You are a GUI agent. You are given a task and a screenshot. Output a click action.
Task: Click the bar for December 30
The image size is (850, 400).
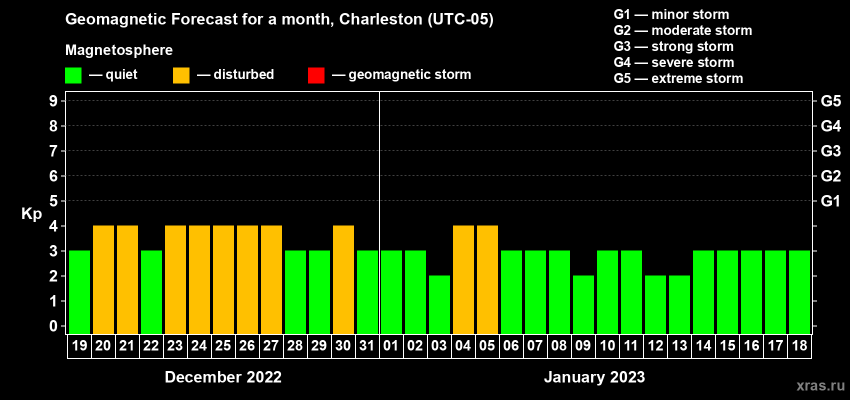343,279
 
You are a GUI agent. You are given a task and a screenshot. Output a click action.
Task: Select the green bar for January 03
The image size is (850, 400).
439,304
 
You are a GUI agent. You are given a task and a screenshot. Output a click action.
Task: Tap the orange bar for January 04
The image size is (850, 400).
463,279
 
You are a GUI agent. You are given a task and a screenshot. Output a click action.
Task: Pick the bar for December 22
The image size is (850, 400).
151,292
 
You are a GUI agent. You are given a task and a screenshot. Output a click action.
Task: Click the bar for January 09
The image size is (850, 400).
583,304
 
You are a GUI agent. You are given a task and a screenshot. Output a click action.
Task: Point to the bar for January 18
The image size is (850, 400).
799,292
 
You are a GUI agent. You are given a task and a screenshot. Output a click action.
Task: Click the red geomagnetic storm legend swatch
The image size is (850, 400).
316,75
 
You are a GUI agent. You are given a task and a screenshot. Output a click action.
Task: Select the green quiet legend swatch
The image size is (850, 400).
73,75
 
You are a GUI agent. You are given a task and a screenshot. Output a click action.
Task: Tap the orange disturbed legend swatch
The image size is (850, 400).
181,75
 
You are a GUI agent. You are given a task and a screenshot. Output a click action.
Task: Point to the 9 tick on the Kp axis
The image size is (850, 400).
53,101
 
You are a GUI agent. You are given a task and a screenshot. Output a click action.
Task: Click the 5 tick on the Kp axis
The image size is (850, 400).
53,201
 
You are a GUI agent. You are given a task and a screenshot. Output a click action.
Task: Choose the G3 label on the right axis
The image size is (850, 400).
830,151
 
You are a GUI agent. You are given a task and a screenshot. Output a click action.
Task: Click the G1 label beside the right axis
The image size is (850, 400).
830,201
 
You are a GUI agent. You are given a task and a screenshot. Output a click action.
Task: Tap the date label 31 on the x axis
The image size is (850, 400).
367,346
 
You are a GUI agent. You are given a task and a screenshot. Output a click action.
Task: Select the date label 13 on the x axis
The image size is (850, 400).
679,346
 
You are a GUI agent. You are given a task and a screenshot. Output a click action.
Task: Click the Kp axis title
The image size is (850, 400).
31,214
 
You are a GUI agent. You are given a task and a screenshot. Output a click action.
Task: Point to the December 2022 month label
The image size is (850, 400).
223,377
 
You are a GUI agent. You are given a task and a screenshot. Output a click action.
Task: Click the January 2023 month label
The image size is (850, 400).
594,377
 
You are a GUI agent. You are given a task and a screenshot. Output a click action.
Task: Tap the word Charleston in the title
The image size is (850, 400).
380,19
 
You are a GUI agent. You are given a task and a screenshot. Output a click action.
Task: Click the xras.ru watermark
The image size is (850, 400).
820,385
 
